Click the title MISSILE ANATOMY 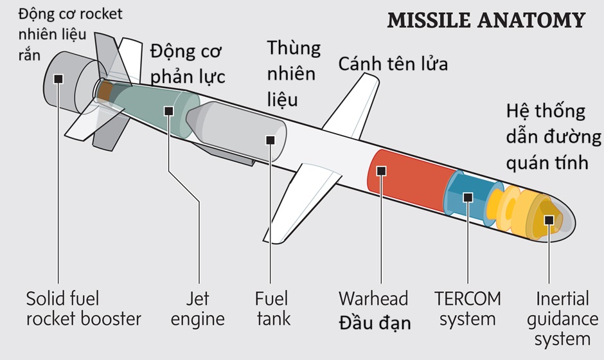(486, 20)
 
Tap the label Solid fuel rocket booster (84, 308)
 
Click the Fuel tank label (272, 308)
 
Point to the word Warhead (373, 298)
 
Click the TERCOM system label (467, 308)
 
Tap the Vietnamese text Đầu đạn (375, 321)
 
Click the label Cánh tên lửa (393, 64)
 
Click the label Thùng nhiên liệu (292, 73)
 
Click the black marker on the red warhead (381, 170)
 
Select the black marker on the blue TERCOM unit (467, 197)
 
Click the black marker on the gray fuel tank (271, 139)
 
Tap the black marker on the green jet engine (169, 111)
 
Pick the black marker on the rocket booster (58, 78)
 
